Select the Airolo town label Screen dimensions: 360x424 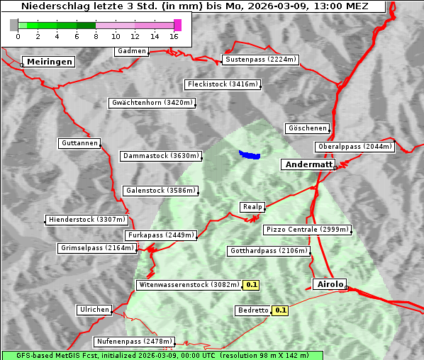click(329, 284)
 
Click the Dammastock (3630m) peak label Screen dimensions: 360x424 click(160, 156)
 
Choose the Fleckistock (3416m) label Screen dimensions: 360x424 click(222, 85)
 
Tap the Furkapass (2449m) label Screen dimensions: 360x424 click(160, 235)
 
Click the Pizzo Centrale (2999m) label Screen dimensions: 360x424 click(306, 230)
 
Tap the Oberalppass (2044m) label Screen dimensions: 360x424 click(354, 147)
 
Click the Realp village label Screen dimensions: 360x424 click(252, 207)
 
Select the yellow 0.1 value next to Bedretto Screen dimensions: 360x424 click(281, 310)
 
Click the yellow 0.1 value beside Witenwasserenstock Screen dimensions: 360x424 click(252, 285)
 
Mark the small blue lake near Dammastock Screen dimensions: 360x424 click(249, 154)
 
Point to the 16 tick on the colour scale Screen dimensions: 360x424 click(174, 36)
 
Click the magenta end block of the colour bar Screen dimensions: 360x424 click(177, 25)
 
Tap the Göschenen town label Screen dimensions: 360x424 click(307, 128)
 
